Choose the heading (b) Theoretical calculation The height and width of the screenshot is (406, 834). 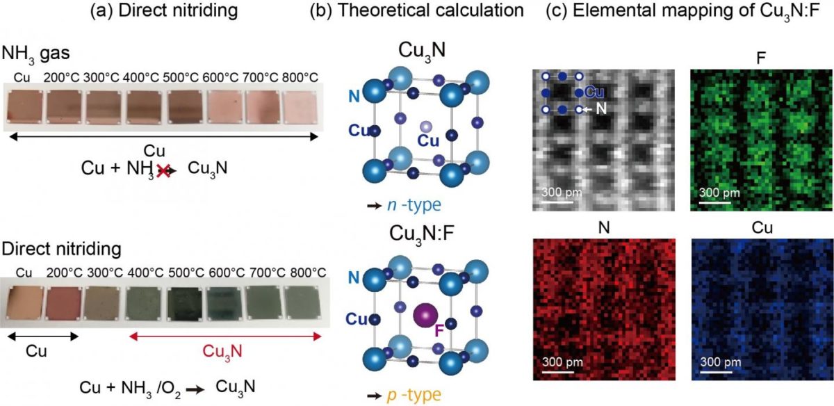click(x=425, y=11)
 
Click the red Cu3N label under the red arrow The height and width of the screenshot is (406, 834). click(x=224, y=351)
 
